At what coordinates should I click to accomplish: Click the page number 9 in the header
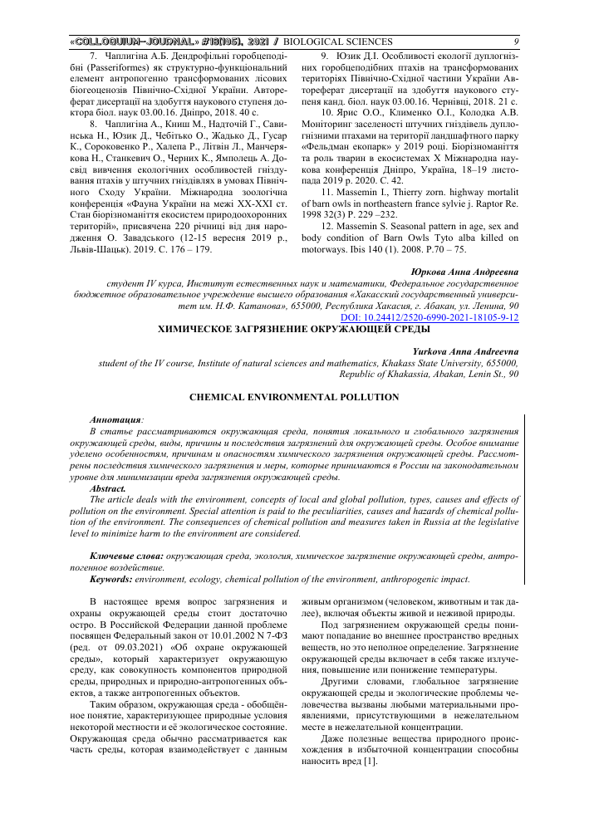coord(516,41)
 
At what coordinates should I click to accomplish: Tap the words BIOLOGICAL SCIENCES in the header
coord(338,41)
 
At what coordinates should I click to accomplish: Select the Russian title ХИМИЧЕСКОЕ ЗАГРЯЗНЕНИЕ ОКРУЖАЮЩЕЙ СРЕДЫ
coord(294,306)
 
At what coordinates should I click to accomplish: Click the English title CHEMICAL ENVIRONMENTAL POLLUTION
coord(294,397)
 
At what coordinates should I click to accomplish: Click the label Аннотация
coord(115,420)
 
